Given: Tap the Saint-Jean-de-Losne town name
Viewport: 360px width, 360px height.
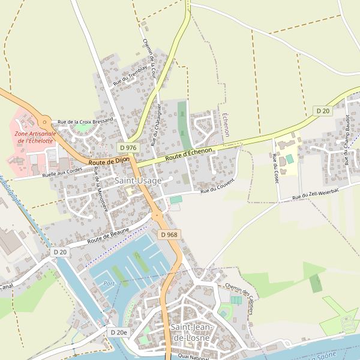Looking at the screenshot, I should pos(190,332).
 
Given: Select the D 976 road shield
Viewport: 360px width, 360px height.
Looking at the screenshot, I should pos(128,148).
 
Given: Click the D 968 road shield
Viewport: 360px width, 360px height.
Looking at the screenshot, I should pos(169,235).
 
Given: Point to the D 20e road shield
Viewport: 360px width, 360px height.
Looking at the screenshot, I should pos(119,332).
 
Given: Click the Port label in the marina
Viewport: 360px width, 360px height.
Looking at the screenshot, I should pos(109,283).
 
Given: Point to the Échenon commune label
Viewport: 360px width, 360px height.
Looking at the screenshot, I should pos(226,125).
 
